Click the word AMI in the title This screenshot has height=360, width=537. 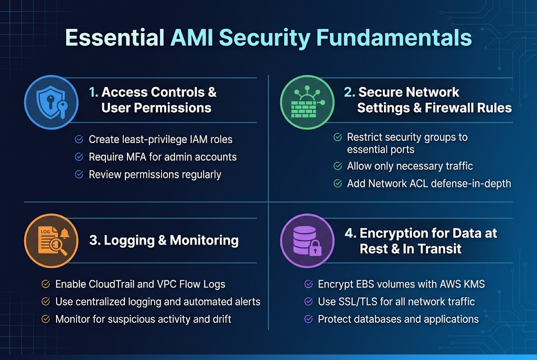coord(191,39)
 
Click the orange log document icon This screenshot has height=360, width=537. coord(51,241)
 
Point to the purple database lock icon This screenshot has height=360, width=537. coord(307,241)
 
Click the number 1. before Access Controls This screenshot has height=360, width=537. coord(93,93)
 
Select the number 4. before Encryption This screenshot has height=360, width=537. coord(350,233)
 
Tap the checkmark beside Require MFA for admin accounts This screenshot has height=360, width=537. coord(79,157)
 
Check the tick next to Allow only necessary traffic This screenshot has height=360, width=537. coord(338,167)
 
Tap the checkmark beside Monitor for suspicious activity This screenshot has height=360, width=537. coord(46,319)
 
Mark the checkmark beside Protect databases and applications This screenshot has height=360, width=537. coord(309,319)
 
